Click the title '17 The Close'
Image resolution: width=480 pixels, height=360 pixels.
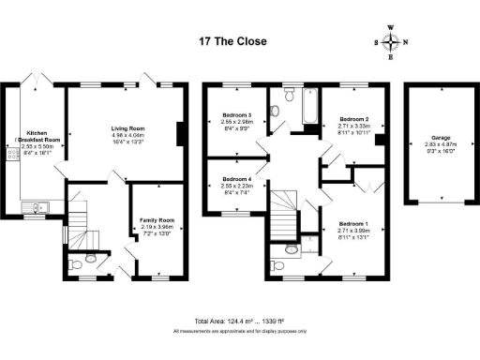[x=232, y=42]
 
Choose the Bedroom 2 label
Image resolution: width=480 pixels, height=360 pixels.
[x=352, y=125]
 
